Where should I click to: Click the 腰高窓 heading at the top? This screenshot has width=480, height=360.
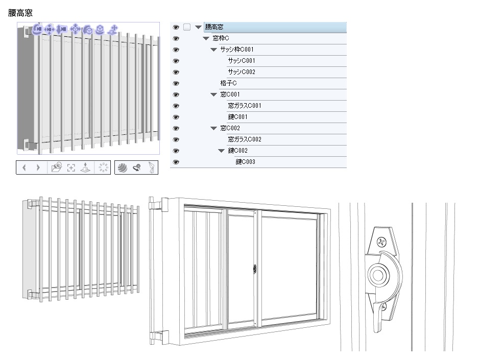click(x=20, y=13)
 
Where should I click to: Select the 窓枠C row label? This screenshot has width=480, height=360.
click(x=221, y=38)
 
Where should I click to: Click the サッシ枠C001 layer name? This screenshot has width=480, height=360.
click(x=237, y=50)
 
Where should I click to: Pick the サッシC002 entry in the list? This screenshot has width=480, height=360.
click(x=242, y=72)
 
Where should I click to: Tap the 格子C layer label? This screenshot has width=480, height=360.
click(x=228, y=83)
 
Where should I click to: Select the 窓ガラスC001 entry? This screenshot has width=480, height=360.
click(x=245, y=106)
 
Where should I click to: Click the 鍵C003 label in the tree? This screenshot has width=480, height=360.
click(x=245, y=162)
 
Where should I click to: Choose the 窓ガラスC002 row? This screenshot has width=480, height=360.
click(x=245, y=139)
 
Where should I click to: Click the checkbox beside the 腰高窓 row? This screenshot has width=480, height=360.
click(x=187, y=27)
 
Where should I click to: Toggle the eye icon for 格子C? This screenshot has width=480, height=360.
click(x=176, y=83)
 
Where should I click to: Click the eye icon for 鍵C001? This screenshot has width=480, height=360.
click(x=176, y=117)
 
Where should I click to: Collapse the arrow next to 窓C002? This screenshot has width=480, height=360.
click(x=213, y=128)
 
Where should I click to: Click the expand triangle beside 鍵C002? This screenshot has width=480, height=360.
click(x=221, y=151)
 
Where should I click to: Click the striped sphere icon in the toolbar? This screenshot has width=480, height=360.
click(x=123, y=167)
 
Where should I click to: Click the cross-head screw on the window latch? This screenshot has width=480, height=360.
click(x=381, y=243)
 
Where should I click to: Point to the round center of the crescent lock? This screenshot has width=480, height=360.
click(x=378, y=275)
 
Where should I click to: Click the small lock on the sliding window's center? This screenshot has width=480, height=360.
click(x=255, y=269)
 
